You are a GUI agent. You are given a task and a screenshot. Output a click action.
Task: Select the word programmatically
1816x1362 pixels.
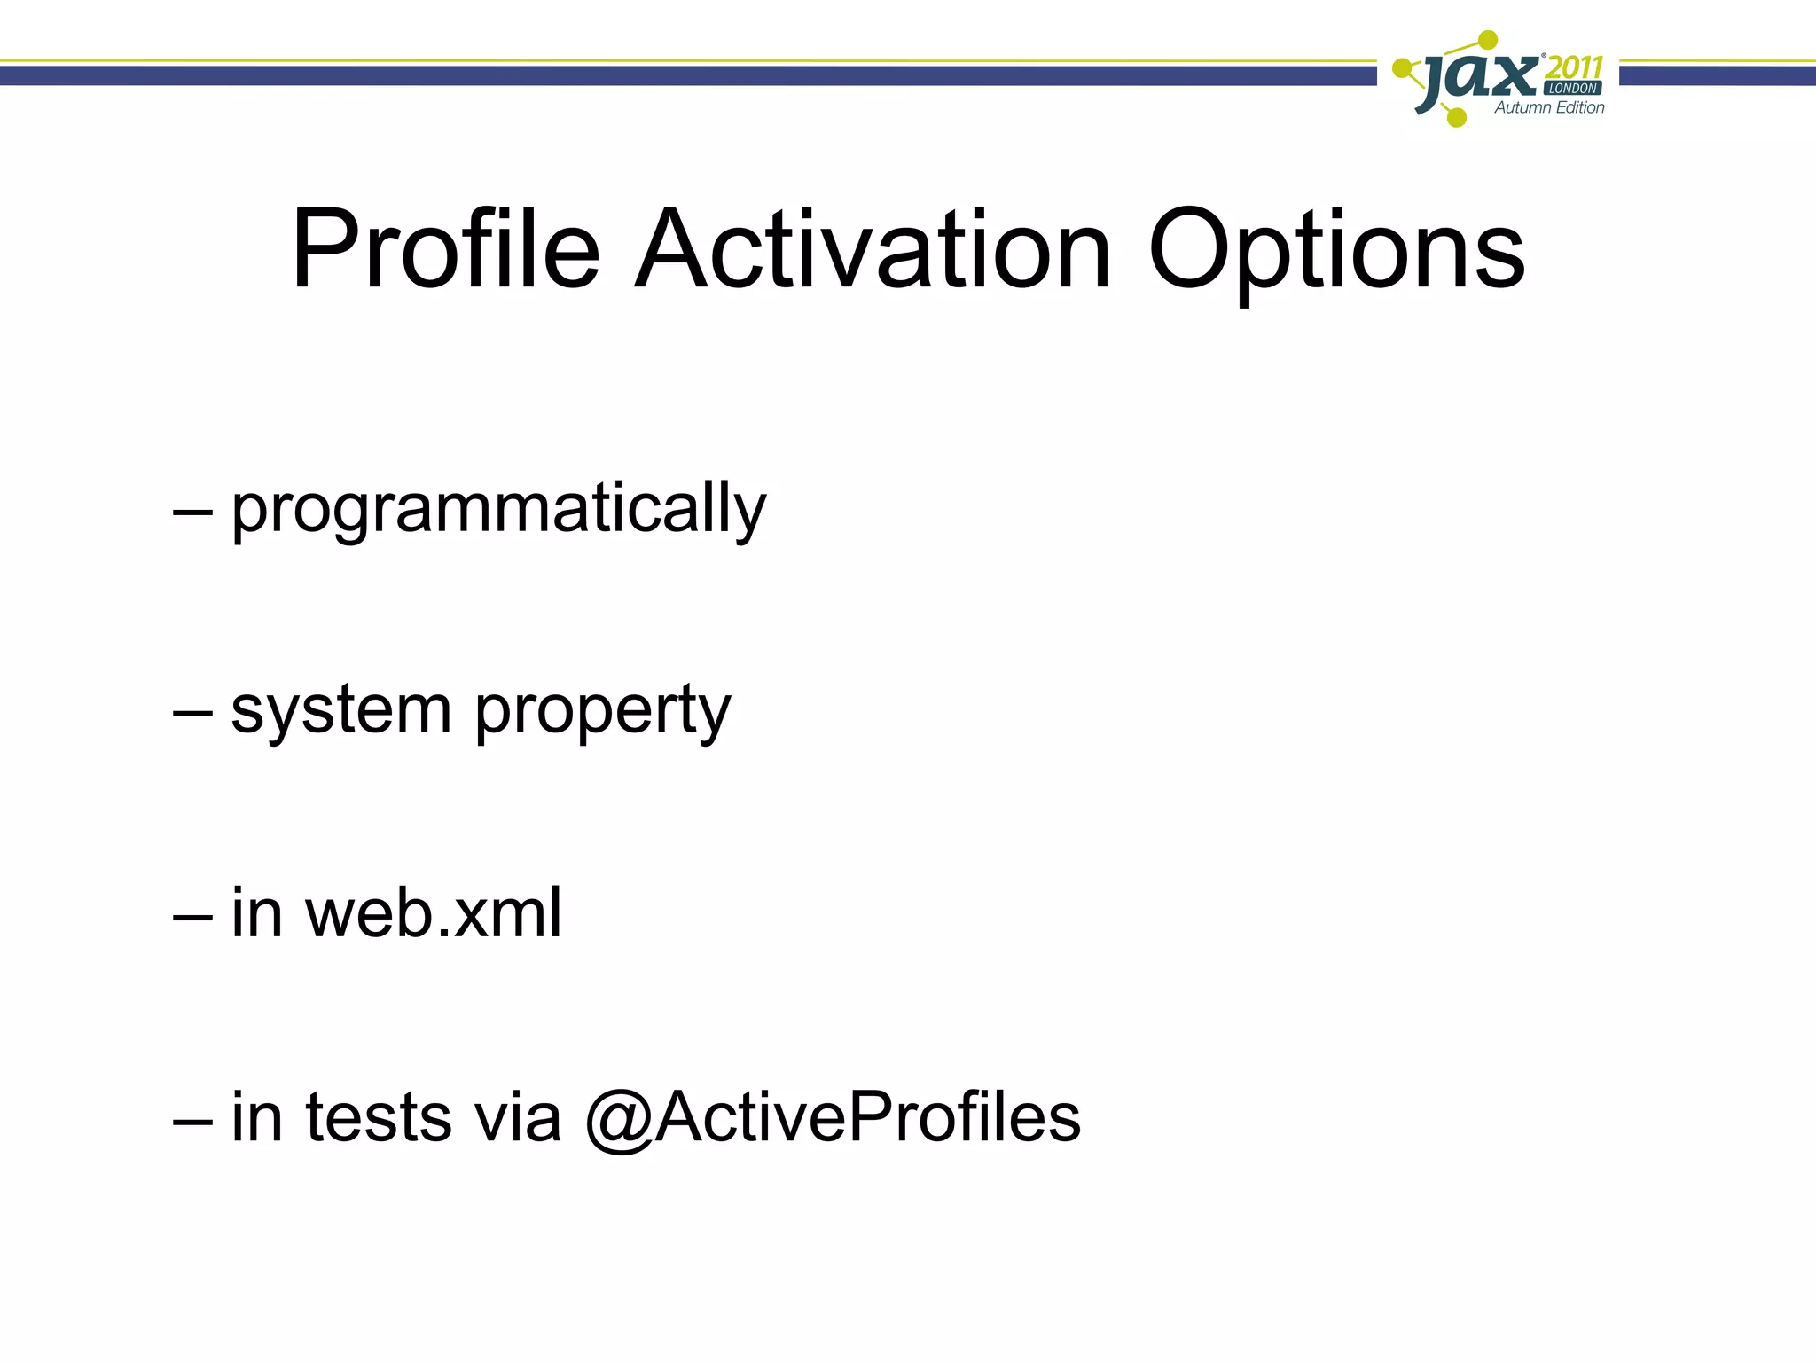click(498, 511)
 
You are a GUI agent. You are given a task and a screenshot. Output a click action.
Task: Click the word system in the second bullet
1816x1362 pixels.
click(341, 712)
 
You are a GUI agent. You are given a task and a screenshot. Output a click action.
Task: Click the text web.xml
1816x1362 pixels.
click(434, 913)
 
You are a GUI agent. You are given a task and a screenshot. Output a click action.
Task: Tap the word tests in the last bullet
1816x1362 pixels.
click(378, 1117)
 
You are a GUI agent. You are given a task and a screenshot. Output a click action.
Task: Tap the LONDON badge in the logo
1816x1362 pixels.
click(1573, 89)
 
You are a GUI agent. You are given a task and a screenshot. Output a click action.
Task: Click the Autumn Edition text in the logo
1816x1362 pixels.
click(1549, 108)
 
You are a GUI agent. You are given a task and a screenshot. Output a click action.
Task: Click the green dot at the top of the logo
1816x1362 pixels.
click(1489, 39)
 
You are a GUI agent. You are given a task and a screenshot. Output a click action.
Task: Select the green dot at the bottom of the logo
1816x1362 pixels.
click(1456, 117)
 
